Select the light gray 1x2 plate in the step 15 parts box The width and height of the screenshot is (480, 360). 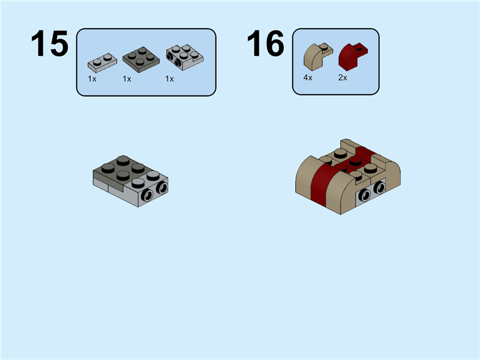tap(102, 62)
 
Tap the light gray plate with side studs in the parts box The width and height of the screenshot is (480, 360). tap(184, 58)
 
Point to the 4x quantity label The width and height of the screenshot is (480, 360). tap(308, 78)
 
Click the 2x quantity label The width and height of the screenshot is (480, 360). tap(343, 78)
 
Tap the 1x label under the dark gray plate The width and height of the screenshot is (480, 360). tap(127, 79)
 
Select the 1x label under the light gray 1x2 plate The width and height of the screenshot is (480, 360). tap(92, 79)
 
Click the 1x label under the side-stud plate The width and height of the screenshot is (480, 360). tap(169, 79)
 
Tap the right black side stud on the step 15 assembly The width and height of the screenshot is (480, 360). tap(161, 189)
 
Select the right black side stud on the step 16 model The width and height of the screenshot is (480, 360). tap(378, 188)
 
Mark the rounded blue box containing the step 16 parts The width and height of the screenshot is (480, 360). tap(335, 62)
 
